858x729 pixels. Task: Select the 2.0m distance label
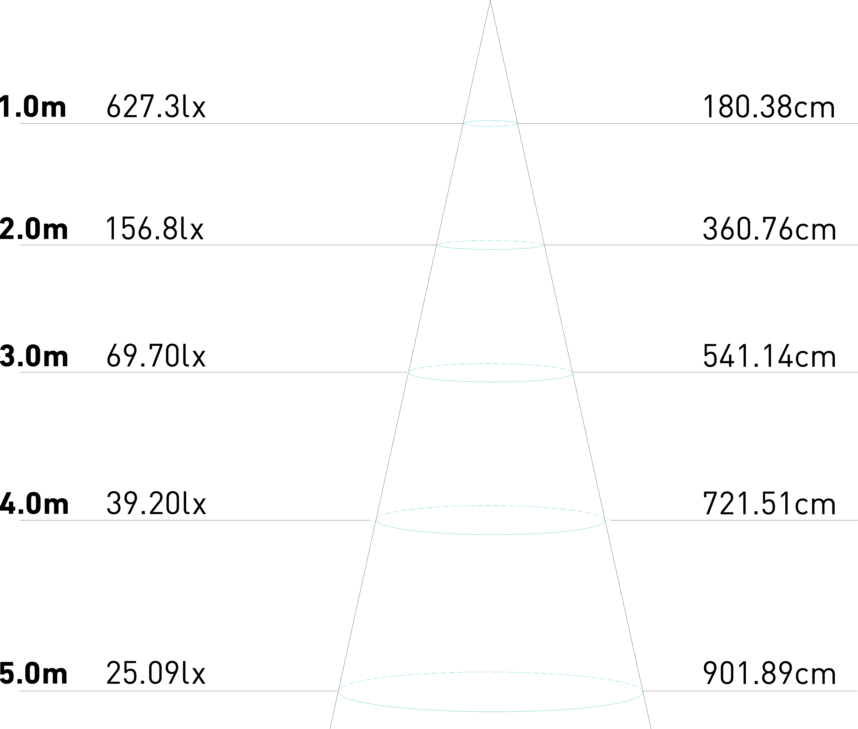pyautogui.click(x=34, y=229)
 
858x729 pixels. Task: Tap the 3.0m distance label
pyautogui.click(x=34, y=356)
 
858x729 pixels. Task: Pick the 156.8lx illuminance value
pyautogui.click(x=155, y=229)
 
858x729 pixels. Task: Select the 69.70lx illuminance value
pyautogui.click(x=156, y=356)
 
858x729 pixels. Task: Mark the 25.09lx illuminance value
pyautogui.click(x=156, y=674)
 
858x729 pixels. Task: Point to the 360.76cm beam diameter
pyautogui.click(x=769, y=229)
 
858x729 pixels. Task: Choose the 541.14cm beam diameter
pyautogui.click(x=769, y=356)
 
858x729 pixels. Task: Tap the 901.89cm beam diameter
pyautogui.click(x=769, y=674)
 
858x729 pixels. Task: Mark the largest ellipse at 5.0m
pyautogui.click(x=490, y=691)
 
